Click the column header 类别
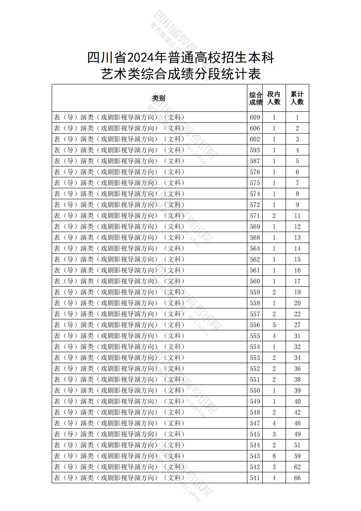click(x=159, y=98)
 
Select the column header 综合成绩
click(x=255, y=98)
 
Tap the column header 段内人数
click(x=274, y=98)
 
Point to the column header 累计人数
click(x=297, y=98)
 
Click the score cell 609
click(x=255, y=117)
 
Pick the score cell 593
click(x=255, y=150)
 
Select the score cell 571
click(x=255, y=216)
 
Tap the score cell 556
click(x=255, y=325)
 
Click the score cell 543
click(x=255, y=456)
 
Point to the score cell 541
click(x=255, y=478)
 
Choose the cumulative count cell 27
click(x=297, y=325)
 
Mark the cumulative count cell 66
click(x=297, y=478)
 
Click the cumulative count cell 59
click(x=297, y=456)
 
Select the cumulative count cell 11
click(x=297, y=216)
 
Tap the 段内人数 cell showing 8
click(x=274, y=456)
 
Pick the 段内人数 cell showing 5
click(x=274, y=325)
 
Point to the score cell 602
click(x=255, y=139)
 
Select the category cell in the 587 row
click(x=119, y=161)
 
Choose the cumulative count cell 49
click(x=297, y=434)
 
